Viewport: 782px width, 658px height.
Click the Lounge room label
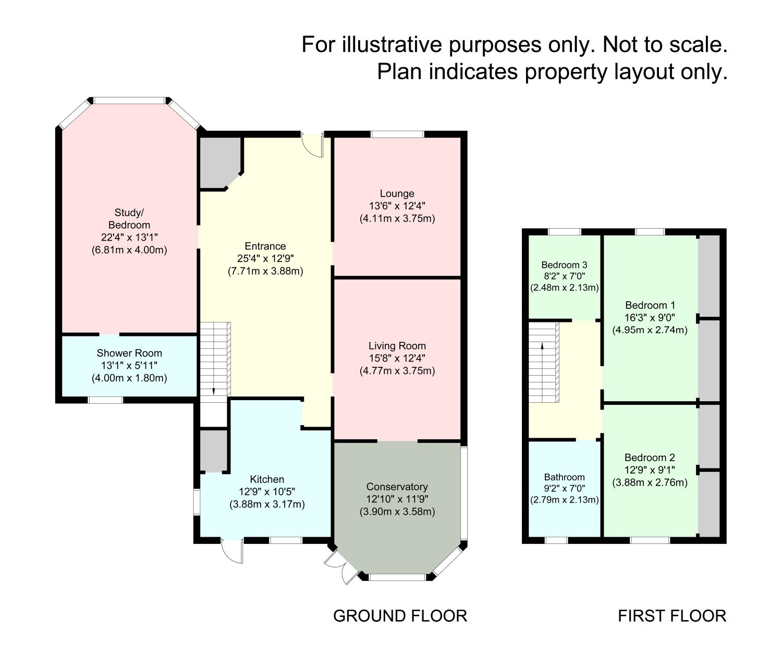pos(397,194)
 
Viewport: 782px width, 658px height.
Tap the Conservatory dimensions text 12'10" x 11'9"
pos(397,499)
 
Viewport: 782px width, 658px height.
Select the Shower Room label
pos(129,353)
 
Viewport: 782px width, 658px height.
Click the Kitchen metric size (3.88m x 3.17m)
pos(267,504)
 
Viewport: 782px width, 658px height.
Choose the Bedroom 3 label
pos(564,265)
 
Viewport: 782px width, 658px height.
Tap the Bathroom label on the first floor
pos(564,477)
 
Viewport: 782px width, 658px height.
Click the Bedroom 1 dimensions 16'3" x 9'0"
pos(650,318)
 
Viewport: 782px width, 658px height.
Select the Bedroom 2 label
pos(650,458)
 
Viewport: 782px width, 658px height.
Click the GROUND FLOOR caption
pos(400,616)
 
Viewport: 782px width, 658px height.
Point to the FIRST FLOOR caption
pos(672,616)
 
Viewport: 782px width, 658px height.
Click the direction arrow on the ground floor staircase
pos(213,391)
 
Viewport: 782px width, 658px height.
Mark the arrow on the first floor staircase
pos(542,345)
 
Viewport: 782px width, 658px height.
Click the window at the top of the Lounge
pos(397,134)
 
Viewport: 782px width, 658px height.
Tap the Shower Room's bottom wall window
pos(105,400)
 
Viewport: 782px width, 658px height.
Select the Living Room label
pos(397,346)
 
